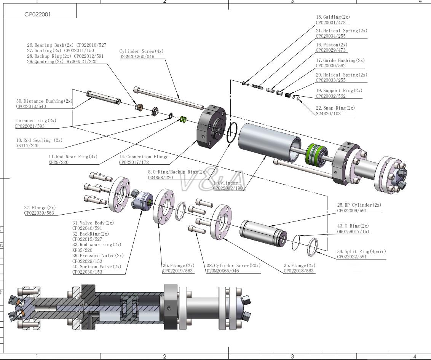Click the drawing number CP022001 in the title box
click(x=37, y=14)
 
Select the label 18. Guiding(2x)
click(x=333, y=17)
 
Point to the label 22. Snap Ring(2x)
click(x=335, y=108)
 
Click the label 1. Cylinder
click(x=225, y=183)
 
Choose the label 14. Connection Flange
click(x=144, y=157)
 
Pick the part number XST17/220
click(x=27, y=146)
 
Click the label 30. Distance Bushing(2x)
click(x=44, y=101)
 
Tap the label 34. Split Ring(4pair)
click(x=361, y=252)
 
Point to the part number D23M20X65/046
click(x=223, y=271)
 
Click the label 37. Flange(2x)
click(x=40, y=208)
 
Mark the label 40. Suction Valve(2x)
click(x=97, y=267)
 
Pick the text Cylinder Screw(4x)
click(x=141, y=51)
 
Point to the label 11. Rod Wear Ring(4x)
click(x=73, y=157)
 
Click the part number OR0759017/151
click(x=353, y=231)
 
